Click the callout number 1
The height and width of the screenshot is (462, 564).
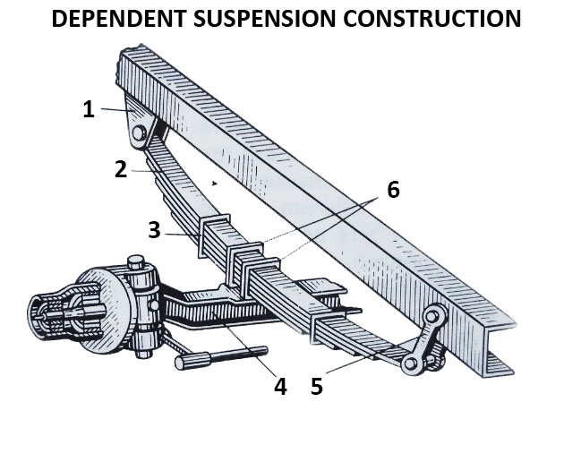(x=88, y=109)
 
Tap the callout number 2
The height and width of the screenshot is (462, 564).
(x=121, y=168)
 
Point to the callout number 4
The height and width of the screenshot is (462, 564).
(x=279, y=387)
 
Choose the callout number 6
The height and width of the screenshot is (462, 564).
(x=392, y=190)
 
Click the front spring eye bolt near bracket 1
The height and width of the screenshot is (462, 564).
(x=141, y=134)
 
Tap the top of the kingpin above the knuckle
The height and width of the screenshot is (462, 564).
(x=136, y=262)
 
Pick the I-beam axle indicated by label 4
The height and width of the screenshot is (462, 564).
(x=215, y=309)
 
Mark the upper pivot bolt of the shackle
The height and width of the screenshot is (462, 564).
(x=435, y=315)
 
